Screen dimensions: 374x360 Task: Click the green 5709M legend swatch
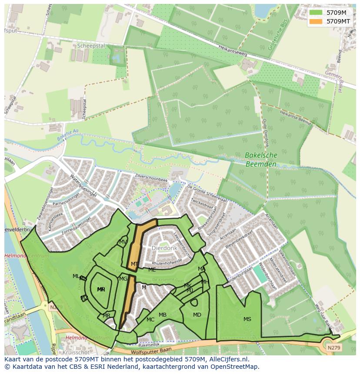click(x=316, y=13)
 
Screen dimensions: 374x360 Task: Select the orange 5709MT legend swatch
click(x=316, y=21)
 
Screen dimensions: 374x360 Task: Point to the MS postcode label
click(x=247, y=319)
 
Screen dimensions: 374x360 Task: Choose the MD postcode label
click(x=197, y=315)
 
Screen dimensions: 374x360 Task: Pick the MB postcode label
click(x=163, y=315)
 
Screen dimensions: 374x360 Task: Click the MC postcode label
click(x=150, y=320)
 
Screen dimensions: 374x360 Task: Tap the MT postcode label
click(x=135, y=264)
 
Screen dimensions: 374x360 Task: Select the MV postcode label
click(x=123, y=242)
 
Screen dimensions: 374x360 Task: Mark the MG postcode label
click(x=123, y=279)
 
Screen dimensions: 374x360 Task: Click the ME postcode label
click(x=152, y=270)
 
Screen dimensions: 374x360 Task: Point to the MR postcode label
click(x=107, y=316)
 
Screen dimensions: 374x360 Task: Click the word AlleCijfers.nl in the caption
click(x=227, y=359)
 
